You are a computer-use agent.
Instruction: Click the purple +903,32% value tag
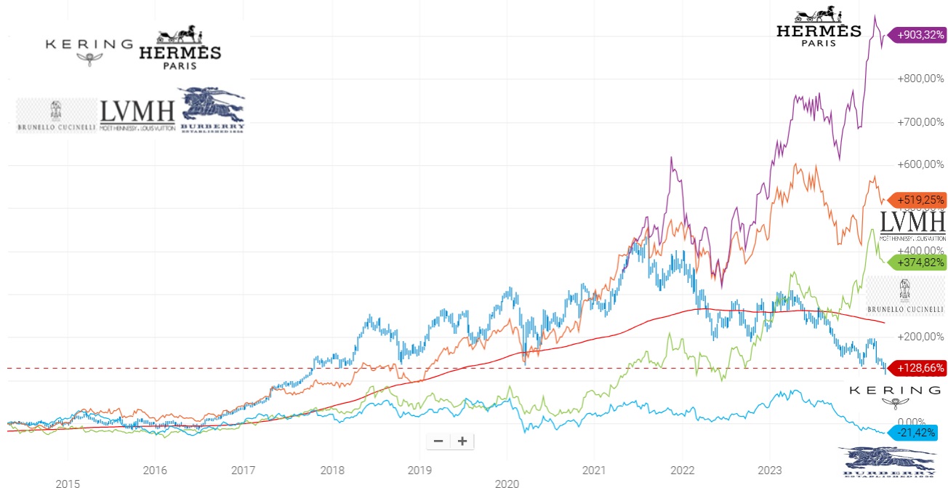tap(920, 34)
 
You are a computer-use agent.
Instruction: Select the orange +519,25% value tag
tap(920, 199)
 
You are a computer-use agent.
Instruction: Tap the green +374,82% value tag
tap(920, 263)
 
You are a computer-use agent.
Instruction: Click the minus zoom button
tap(438, 441)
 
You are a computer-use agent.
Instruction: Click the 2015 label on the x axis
tap(68, 483)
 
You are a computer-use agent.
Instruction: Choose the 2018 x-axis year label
tap(332, 470)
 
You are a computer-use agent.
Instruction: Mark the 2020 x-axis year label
tap(507, 483)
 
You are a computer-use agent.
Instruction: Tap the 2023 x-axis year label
tap(770, 470)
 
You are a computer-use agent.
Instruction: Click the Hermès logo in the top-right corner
tap(819, 28)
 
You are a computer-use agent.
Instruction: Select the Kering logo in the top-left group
tap(89, 49)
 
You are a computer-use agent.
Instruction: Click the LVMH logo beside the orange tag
tap(912, 225)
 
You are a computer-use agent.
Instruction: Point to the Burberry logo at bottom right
tap(888, 464)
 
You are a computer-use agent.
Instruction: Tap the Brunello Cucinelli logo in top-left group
tap(56, 116)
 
